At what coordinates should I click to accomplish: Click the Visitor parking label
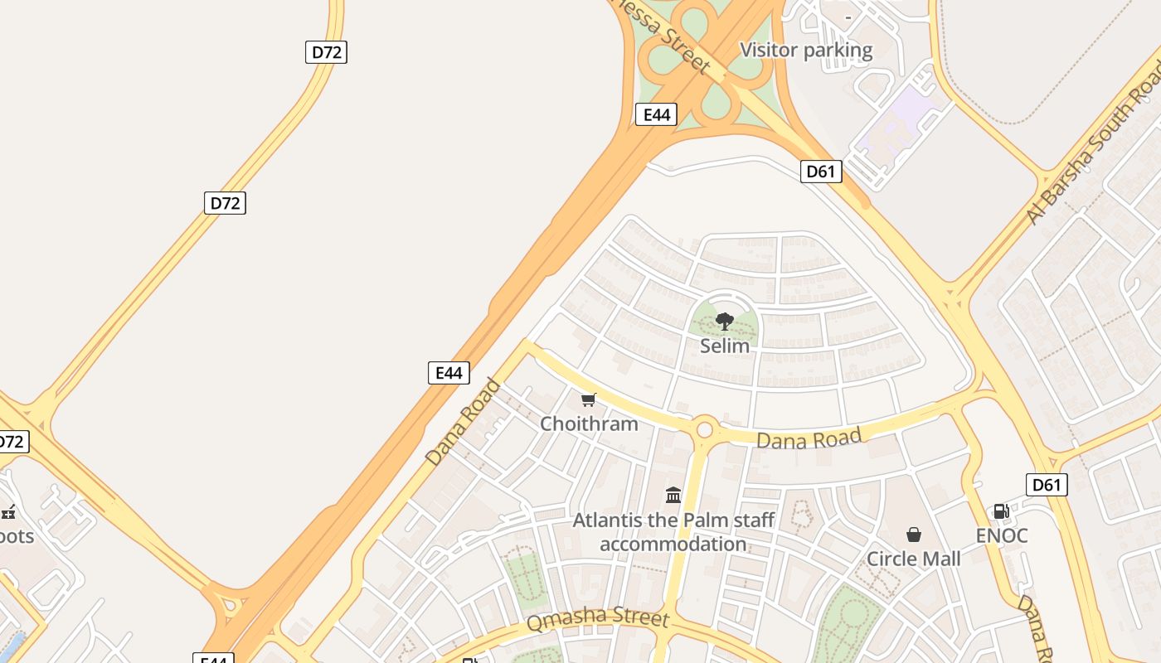tap(805, 51)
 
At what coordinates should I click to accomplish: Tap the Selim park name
tap(724, 346)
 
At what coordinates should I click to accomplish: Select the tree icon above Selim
tap(724, 321)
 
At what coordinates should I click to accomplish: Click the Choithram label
tap(589, 423)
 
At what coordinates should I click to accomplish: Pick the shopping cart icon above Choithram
tap(589, 400)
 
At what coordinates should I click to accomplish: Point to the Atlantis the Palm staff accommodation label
tap(673, 532)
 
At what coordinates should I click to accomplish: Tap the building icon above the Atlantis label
tap(673, 496)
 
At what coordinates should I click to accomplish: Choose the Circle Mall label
tap(913, 559)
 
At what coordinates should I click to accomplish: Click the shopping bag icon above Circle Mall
tap(913, 535)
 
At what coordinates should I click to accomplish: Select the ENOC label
tap(1001, 535)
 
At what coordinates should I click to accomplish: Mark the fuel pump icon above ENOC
tap(1001, 511)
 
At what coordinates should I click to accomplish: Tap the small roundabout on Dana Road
tap(705, 429)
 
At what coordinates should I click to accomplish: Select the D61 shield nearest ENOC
tap(1046, 485)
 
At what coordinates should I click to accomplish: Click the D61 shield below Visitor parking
tap(821, 172)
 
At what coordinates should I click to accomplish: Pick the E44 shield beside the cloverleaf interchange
tap(656, 114)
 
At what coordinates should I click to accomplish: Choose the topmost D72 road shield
tap(326, 52)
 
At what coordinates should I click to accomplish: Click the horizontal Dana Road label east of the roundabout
tap(809, 438)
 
